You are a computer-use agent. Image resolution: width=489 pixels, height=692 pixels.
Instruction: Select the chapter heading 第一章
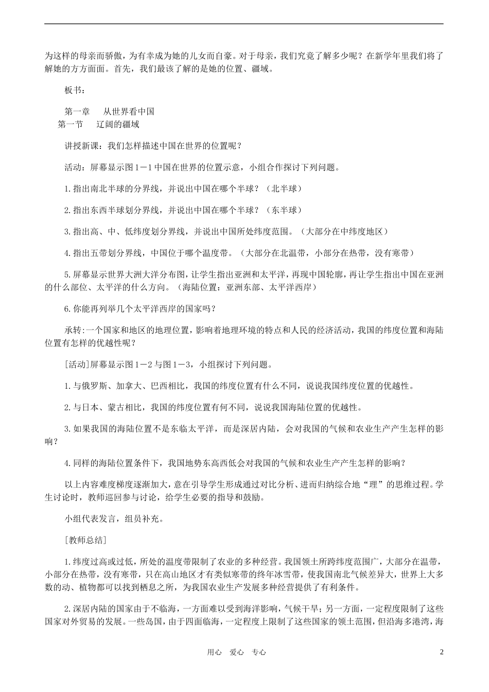(77, 111)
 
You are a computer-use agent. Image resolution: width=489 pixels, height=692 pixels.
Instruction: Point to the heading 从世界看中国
(129, 111)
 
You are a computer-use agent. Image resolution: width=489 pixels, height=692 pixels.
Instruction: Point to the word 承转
(73, 330)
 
